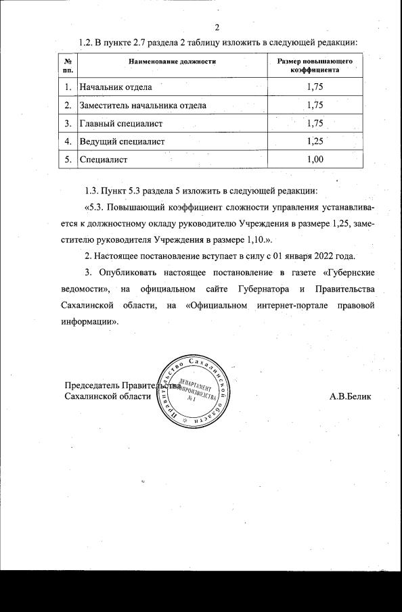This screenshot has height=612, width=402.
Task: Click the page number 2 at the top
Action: click(217, 28)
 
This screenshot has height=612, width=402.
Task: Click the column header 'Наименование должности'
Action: click(172, 62)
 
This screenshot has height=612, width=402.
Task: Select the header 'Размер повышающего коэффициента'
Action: click(315, 66)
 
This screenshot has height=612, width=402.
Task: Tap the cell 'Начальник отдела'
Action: click(116, 87)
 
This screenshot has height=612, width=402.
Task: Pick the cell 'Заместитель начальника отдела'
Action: click(143, 105)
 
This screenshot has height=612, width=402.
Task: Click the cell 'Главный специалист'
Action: click(121, 124)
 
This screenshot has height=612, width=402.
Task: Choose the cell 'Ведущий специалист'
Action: click(122, 142)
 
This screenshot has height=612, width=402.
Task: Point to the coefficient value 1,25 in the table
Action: click(315, 142)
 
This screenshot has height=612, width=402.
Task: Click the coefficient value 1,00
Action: click(315, 160)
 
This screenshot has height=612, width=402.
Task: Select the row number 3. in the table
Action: click(68, 124)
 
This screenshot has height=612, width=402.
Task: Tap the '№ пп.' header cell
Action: click(68, 66)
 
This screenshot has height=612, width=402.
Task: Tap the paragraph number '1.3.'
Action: click(93, 190)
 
